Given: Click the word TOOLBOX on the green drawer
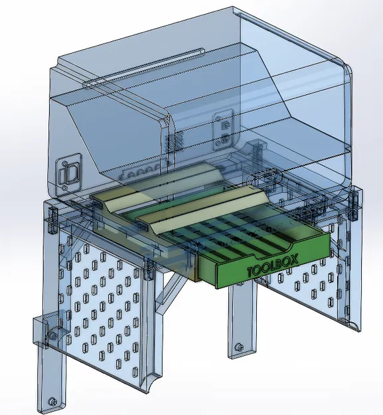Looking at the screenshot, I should coord(273,266).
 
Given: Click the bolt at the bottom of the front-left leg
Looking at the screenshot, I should coord(52,400).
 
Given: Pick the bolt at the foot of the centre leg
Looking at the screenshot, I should coord(238,347).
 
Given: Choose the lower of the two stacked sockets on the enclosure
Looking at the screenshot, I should coord(224,139).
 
